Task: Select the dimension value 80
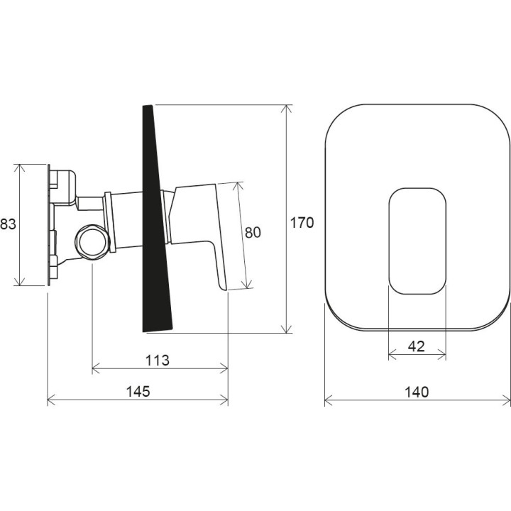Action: click(253, 232)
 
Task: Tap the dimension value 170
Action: click(302, 223)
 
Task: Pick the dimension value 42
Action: click(417, 346)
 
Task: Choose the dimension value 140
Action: click(417, 392)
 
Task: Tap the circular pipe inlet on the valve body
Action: click(92, 241)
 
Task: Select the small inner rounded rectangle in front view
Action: click(417, 241)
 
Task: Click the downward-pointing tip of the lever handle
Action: click(226, 288)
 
